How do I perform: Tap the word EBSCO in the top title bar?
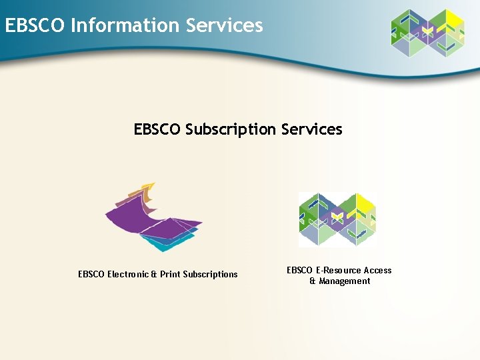(x=35, y=25)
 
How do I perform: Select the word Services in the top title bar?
(x=225, y=25)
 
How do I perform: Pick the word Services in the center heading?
(x=311, y=129)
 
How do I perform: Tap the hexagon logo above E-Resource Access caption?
(x=337, y=219)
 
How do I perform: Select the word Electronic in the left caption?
(x=128, y=274)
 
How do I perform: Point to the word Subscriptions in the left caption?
(x=210, y=274)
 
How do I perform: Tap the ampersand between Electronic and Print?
(x=154, y=274)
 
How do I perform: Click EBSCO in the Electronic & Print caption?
(x=92, y=274)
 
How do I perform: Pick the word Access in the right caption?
(x=377, y=270)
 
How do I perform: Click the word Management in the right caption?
(x=345, y=281)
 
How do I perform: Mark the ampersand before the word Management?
(x=313, y=281)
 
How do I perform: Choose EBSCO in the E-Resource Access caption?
(x=300, y=270)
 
